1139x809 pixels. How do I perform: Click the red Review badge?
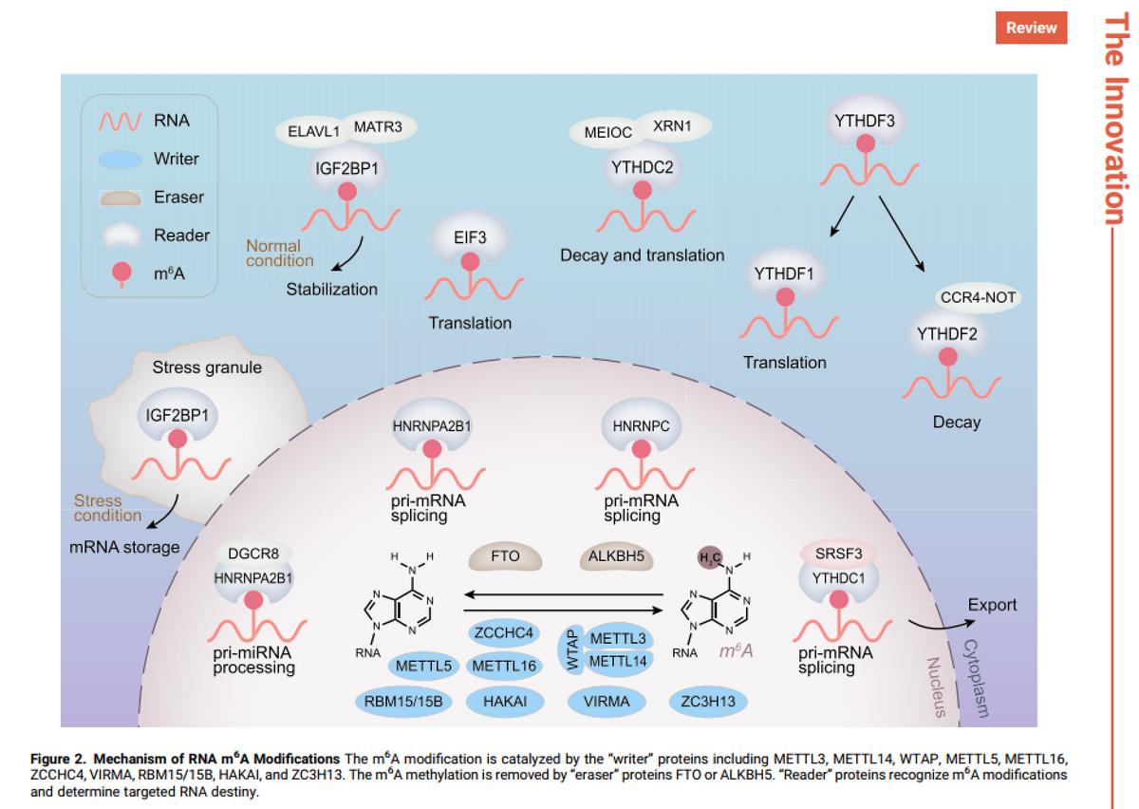point(1031,27)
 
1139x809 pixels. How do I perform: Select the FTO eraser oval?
point(506,557)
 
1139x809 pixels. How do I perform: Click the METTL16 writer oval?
point(504,666)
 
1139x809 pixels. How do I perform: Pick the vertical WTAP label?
point(572,650)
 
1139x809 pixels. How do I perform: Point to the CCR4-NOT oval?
point(978,297)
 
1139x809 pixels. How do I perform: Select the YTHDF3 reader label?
point(864,121)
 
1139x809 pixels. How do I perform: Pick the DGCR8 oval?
point(252,552)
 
